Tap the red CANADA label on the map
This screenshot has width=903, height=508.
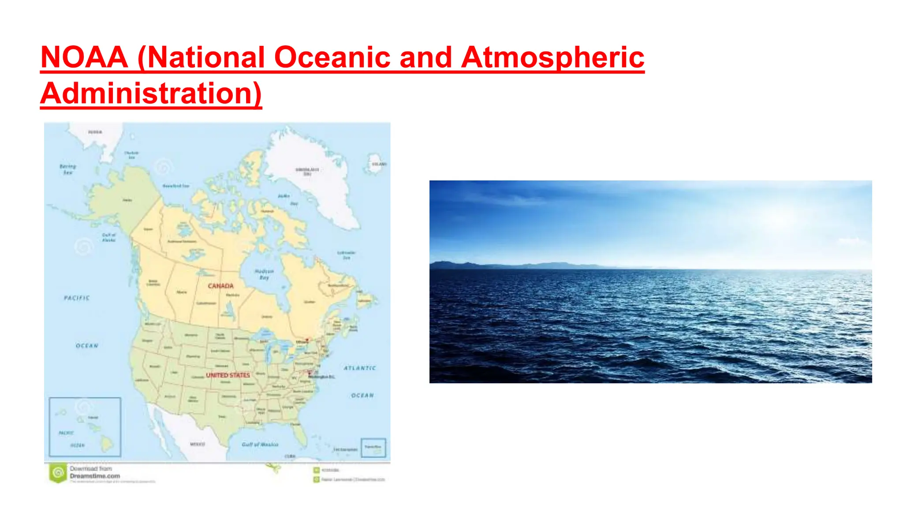pyautogui.click(x=220, y=286)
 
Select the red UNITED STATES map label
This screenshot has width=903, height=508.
pyautogui.click(x=228, y=375)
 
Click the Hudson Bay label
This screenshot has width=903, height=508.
pyautogui.click(x=264, y=274)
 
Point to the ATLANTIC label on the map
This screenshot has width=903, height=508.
pyautogui.click(x=360, y=368)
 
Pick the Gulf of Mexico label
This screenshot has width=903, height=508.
pyautogui.click(x=260, y=444)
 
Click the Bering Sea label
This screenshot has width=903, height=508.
pyautogui.click(x=68, y=169)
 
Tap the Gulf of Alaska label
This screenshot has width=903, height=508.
pyautogui.click(x=108, y=237)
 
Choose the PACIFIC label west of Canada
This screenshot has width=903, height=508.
pyautogui.click(x=77, y=298)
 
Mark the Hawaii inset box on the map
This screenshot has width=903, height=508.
pyautogui.click(x=85, y=426)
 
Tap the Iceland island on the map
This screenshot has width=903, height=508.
pyautogui.click(x=376, y=164)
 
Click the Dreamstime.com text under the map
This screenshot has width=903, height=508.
pyautogui.click(x=95, y=476)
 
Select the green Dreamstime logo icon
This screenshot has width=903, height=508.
pyautogui.click(x=58, y=473)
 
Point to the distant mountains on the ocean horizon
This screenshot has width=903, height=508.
pyautogui.click(x=507, y=265)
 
